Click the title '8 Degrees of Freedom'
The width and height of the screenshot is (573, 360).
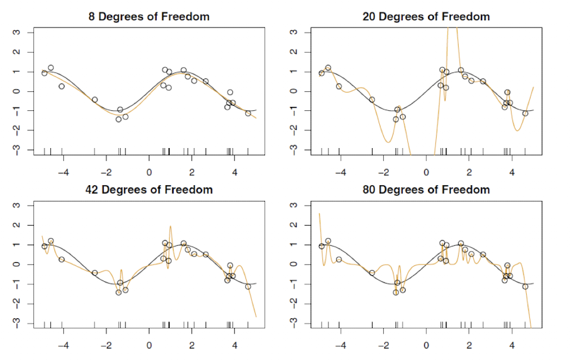(149, 16)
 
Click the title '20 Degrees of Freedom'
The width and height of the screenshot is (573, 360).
(426, 16)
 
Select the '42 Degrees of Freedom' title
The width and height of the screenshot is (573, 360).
(149, 190)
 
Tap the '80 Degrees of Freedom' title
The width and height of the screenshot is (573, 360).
(426, 190)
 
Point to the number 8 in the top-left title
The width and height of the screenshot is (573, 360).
(92, 16)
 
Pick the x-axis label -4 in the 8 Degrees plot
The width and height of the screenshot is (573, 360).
(63, 173)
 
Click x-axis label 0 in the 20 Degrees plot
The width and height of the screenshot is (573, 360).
(426, 173)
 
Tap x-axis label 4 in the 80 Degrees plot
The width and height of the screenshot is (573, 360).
(512, 346)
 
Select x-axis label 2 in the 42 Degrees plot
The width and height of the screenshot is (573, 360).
(192, 346)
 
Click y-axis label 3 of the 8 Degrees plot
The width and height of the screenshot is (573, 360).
(16, 32)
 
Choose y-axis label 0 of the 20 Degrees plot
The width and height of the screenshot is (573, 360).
(293, 91)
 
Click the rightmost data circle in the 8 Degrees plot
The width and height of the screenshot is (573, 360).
(248, 113)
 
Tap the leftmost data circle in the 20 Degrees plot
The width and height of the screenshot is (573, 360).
(322, 73)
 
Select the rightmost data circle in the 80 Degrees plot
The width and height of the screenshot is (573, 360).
(525, 286)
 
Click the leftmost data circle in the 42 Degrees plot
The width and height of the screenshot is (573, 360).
(44, 246)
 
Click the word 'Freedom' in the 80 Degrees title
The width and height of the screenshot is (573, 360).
(466, 190)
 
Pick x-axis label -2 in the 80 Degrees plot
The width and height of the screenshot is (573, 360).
(384, 346)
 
